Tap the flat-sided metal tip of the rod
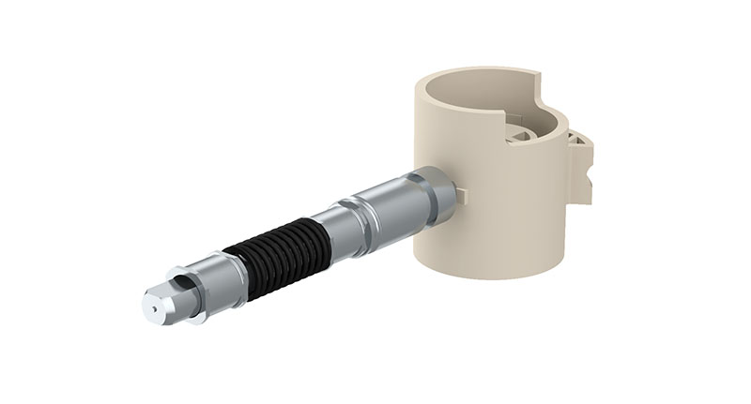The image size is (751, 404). point(160,301)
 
